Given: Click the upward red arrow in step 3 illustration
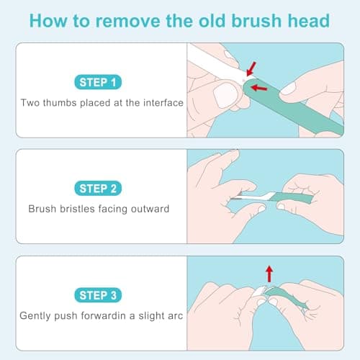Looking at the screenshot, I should pos(269,273).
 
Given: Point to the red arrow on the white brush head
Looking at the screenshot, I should pos(251,68).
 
